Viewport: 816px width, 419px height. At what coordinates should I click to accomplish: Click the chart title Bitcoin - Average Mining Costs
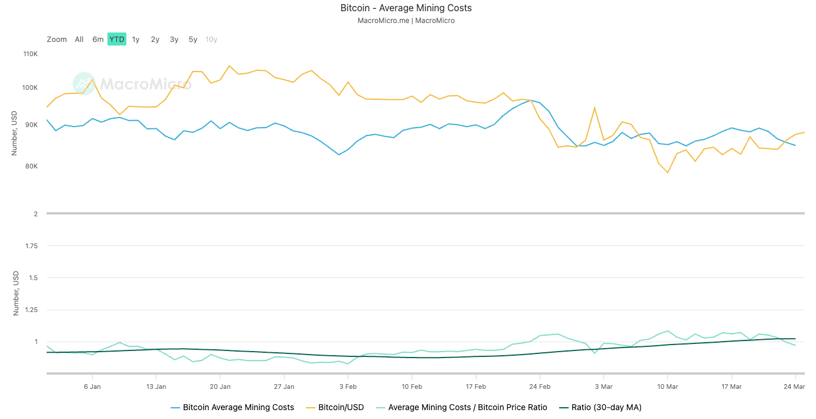click(x=406, y=8)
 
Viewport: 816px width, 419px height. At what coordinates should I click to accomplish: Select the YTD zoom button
click(x=117, y=40)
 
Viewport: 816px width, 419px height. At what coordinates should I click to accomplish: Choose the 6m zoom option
click(x=98, y=40)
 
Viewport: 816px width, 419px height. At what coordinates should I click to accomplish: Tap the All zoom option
click(x=79, y=40)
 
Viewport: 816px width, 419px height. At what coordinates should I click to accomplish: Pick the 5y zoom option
click(x=193, y=40)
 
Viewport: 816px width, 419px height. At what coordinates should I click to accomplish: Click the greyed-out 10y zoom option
click(x=211, y=40)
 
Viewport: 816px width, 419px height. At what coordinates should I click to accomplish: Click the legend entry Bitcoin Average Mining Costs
click(x=238, y=407)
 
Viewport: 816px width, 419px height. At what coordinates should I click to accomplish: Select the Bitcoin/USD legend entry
click(x=341, y=407)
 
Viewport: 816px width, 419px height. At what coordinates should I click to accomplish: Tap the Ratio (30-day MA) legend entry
click(x=606, y=407)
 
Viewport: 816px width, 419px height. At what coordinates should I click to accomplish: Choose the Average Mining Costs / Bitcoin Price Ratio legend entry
click(x=467, y=407)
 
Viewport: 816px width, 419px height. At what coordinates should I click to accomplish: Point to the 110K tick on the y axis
click(x=30, y=54)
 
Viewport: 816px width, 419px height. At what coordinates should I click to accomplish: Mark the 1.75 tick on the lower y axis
click(x=30, y=246)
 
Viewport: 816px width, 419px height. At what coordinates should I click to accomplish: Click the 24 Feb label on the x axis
click(x=540, y=386)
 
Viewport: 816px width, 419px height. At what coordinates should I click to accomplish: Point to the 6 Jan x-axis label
click(x=92, y=386)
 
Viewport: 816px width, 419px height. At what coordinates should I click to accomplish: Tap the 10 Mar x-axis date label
click(x=667, y=386)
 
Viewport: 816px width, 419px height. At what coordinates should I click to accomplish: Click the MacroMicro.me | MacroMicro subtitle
click(x=406, y=21)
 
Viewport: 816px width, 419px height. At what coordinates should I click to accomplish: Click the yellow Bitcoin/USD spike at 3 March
click(x=595, y=108)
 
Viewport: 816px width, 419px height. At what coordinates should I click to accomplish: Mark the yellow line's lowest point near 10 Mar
click(x=668, y=173)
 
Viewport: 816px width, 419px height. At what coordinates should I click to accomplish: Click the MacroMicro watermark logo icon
click(x=83, y=84)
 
